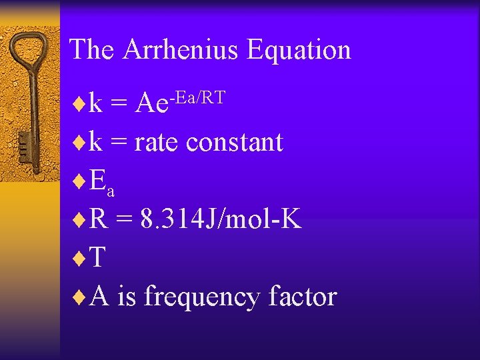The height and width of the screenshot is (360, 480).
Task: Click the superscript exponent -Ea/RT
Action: tap(197, 99)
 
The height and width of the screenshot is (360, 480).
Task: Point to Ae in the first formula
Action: tap(151, 104)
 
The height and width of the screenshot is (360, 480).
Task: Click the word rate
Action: tap(157, 143)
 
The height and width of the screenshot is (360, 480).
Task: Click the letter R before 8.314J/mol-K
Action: tap(98, 220)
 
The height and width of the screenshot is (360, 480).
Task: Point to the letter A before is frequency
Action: tap(99, 296)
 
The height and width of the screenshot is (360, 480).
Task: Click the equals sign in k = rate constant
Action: tap(119, 143)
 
